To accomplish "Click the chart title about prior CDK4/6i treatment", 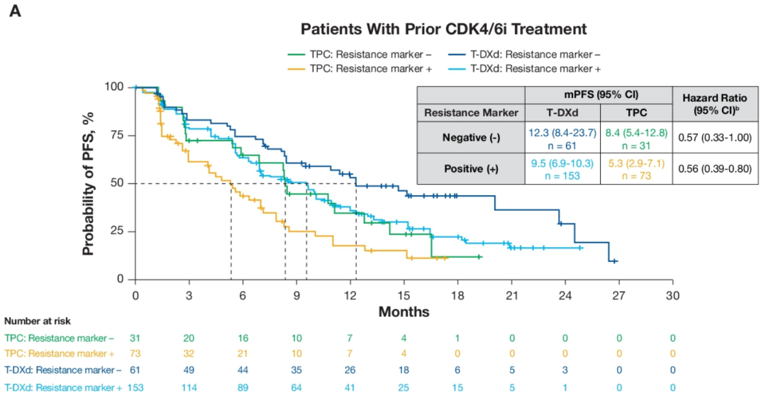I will coord(443,29).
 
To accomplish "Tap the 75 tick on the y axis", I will coord(116,135).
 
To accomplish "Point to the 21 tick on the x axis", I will coord(511,295).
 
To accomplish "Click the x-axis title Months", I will coord(404,312).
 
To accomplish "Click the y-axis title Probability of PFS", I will coord(89,183).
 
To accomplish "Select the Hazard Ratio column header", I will coord(716,104).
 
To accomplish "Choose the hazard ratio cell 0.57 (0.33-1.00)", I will coord(716,138).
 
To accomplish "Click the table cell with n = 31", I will coord(635,144).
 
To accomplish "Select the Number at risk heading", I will coord(37,322).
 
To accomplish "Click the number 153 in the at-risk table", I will coord(135,388).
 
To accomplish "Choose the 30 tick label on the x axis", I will coord(672,295).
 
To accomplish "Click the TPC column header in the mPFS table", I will coord(635,112).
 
